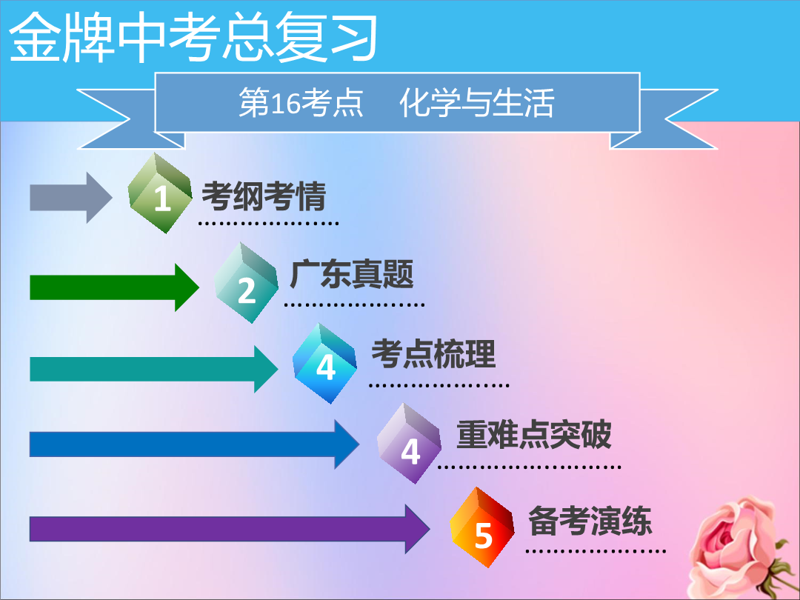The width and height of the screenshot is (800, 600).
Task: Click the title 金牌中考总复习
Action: (193, 38)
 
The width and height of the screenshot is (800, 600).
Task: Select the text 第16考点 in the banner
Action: (301, 102)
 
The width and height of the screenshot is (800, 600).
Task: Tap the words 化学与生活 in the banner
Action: (476, 102)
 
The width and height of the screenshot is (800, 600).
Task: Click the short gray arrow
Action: (71, 198)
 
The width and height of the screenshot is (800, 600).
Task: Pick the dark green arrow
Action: (114, 287)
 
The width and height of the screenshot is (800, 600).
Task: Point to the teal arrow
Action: (153, 369)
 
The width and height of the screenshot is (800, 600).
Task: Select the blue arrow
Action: (194, 444)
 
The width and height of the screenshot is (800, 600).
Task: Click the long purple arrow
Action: (230, 529)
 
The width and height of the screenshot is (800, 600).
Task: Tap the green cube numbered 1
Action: (160, 193)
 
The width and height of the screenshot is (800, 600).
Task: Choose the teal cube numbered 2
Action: (247, 283)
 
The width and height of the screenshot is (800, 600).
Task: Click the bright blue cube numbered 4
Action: (324, 363)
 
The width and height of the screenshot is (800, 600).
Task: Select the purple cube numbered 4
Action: (409, 444)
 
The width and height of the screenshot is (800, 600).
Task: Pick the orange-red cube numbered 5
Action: (482, 527)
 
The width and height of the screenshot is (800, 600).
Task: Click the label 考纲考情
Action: (264, 196)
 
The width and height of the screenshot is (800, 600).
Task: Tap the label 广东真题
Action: (352, 275)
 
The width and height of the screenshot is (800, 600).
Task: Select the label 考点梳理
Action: (433, 354)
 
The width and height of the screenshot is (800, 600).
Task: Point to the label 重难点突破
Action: (533, 435)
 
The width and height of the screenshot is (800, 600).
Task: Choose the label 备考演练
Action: (590, 521)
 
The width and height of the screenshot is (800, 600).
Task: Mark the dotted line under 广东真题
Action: (354, 305)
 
